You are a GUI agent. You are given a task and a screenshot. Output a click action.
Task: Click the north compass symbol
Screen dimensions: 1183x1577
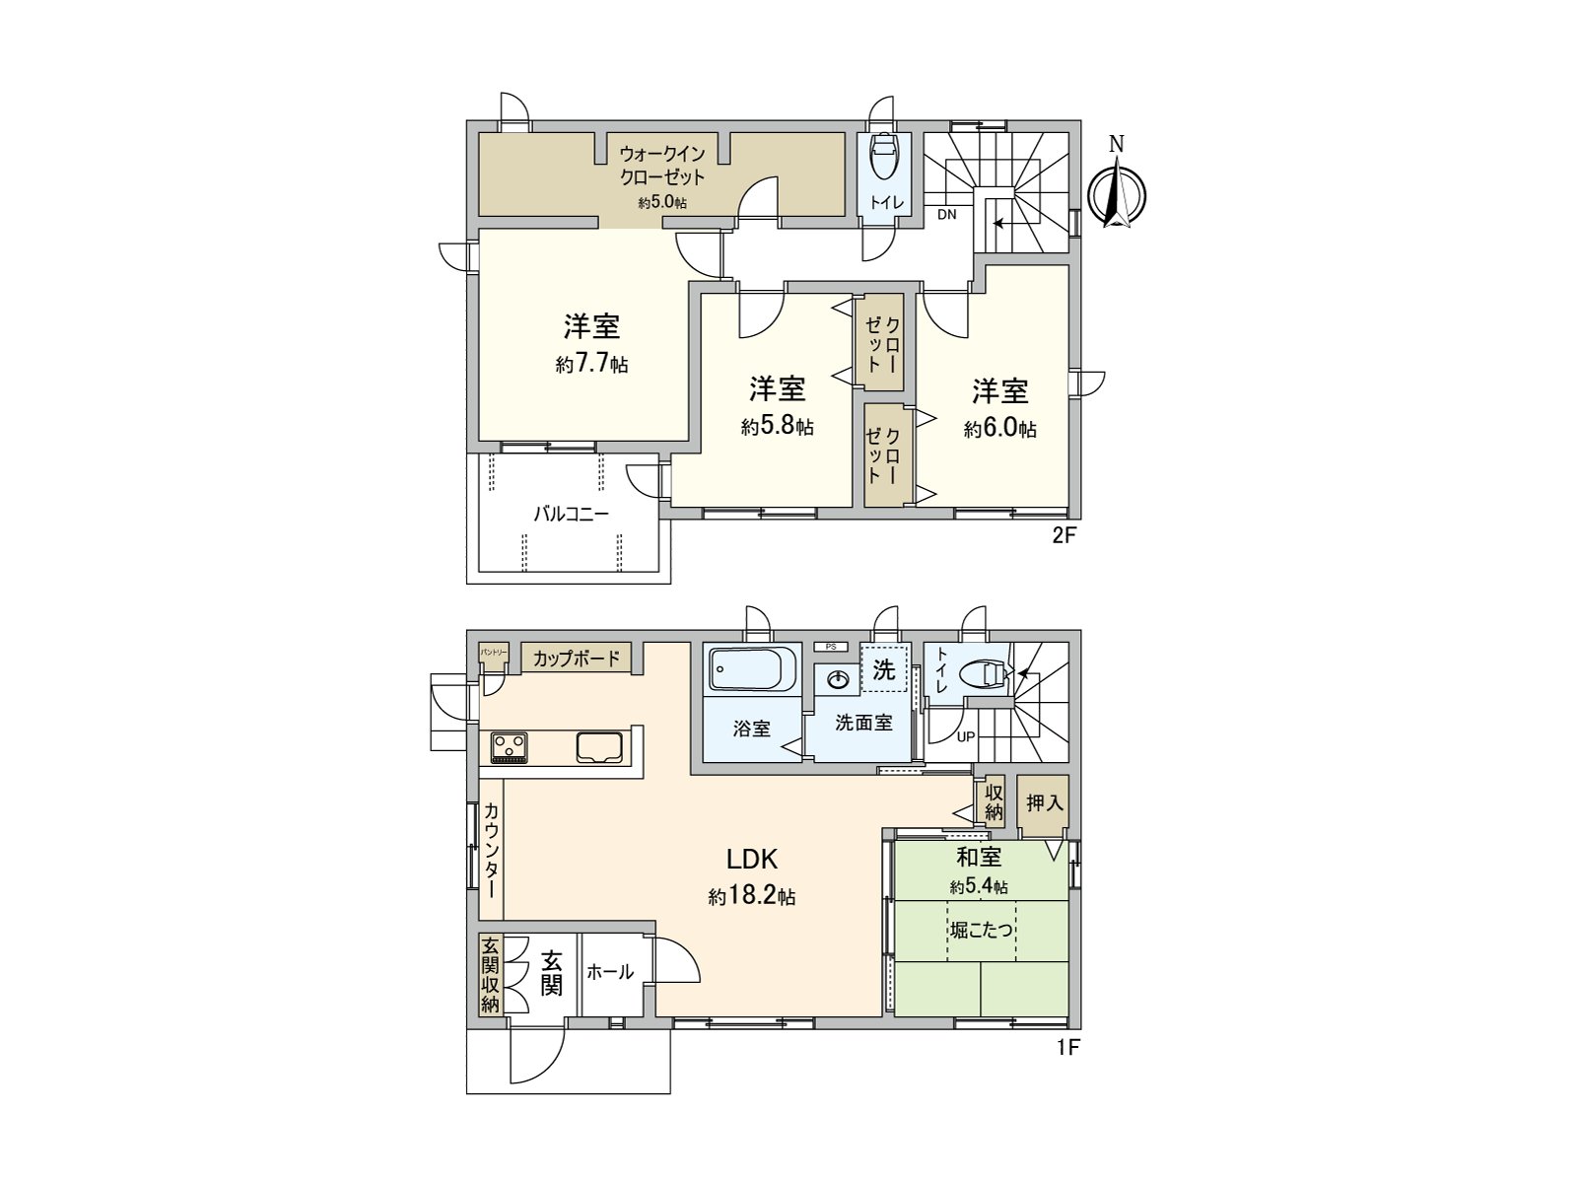point(1117,195)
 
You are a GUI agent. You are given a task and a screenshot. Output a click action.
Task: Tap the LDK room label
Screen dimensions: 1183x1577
point(752,859)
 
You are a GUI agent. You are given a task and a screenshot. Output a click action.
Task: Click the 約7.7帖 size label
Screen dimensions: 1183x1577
point(591,365)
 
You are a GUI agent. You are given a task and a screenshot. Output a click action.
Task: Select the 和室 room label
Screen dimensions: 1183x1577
point(978,858)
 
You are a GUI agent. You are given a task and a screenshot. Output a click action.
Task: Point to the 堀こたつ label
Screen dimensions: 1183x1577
point(982,930)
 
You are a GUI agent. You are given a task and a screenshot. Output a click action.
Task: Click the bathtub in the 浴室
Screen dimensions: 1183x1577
point(750,669)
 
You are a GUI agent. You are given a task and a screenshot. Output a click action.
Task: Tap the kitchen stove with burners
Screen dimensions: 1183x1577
point(510,746)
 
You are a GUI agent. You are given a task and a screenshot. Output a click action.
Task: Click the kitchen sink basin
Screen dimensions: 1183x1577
point(599,747)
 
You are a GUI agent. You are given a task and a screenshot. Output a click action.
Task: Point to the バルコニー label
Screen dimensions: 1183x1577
point(572,514)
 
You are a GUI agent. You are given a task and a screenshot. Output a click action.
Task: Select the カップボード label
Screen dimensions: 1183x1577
point(577,658)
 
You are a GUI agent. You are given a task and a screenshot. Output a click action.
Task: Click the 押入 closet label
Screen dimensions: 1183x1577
point(1044,802)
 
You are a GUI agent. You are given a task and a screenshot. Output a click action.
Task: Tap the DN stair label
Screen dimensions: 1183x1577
point(946,214)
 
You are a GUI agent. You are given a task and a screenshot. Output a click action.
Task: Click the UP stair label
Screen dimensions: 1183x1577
point(965,736)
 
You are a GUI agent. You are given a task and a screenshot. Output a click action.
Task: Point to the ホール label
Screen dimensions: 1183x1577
point(610,972)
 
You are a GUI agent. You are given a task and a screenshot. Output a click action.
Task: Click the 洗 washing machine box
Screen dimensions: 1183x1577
point(884,669)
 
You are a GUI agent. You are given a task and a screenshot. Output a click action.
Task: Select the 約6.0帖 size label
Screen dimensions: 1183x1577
point(999,430)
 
